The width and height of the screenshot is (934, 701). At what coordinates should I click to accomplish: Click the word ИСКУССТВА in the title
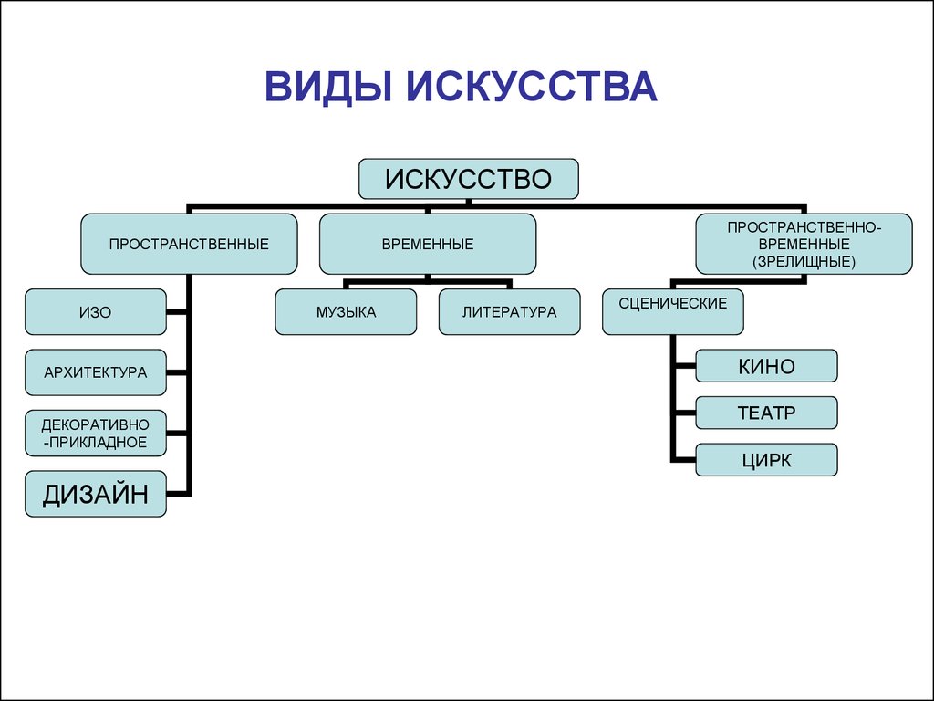(x=532, y=88)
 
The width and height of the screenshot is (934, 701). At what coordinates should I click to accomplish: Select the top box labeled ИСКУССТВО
(x=468, y=179)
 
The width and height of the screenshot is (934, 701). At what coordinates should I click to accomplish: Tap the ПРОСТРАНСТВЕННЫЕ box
(x=189, y=244)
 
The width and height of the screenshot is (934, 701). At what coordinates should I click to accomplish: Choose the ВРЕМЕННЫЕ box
(x=427, y=244)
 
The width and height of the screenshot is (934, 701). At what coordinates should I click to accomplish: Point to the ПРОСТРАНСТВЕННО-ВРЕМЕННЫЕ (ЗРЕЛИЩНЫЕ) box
(x=804, y=244)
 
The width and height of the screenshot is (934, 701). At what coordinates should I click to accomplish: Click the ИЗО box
(x=96, y=311)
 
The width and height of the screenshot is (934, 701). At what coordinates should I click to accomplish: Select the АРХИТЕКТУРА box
(x=96, y=371)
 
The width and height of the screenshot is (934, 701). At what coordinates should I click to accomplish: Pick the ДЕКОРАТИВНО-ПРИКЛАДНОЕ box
(x=96, y=433)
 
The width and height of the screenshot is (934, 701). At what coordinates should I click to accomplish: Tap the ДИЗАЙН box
(x=96, y=495)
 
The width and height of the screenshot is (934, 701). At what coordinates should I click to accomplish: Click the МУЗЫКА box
(x=346, y=311)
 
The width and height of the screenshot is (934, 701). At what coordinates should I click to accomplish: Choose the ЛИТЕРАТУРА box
(x=509, y=311)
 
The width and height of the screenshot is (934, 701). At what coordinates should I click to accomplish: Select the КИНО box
(x=766, y=367)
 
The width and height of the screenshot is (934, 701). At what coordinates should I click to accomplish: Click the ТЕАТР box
(x=766, y=413)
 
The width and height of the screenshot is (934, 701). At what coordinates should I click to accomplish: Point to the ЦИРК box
(x=766, y=460)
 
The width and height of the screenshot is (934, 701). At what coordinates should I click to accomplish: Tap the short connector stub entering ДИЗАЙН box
(x=179, y=495)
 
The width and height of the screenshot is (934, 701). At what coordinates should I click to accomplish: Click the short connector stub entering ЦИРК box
(x=683, y=459)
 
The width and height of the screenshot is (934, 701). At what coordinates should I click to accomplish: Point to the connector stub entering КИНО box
(x=683, y=367)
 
